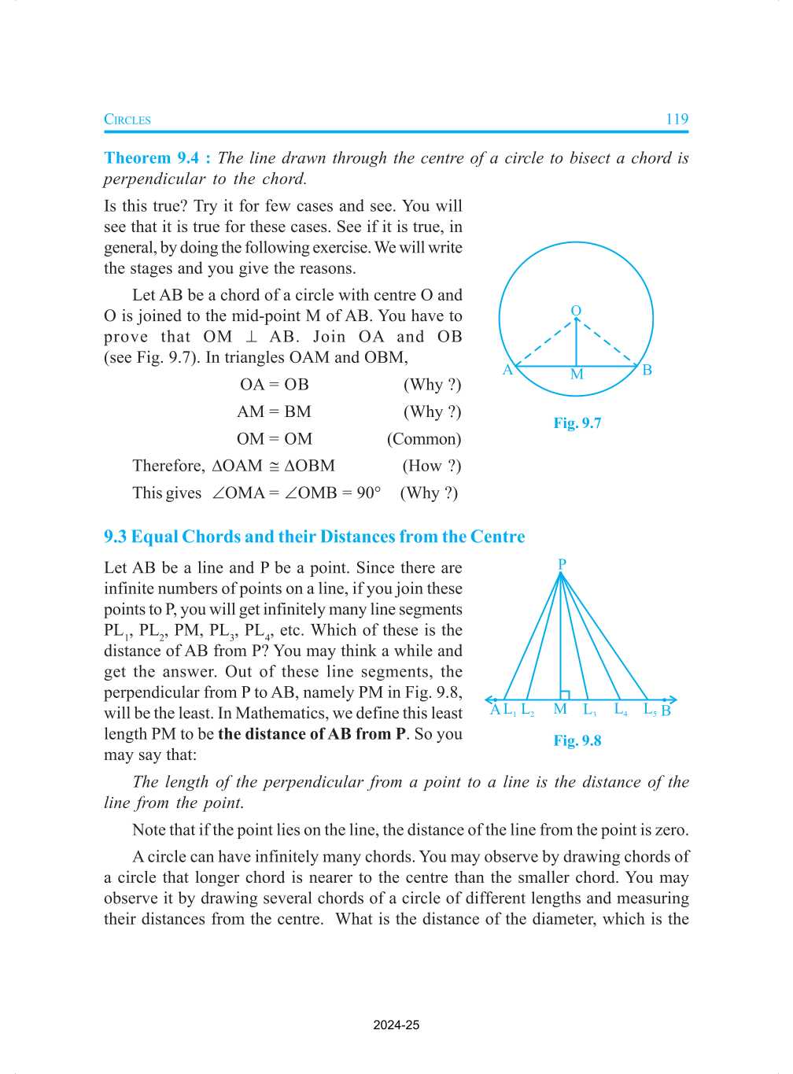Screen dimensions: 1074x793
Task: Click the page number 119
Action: [676, 120]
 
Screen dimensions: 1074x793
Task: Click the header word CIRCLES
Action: [127, 120]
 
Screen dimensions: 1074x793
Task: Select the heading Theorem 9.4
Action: [151, 158]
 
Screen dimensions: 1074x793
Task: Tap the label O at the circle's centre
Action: [576, 311]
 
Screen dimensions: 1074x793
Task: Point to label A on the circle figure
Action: [507, 370]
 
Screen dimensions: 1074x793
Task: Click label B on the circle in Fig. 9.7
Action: [647, 370]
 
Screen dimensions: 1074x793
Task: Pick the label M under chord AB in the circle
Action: [577, 375]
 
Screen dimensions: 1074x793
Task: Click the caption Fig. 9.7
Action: [577, 423]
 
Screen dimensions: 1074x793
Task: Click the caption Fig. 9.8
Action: [577, 740]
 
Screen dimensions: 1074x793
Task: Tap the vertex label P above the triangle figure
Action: [562, 564]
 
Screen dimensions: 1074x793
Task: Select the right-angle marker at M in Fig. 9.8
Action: [564, 696]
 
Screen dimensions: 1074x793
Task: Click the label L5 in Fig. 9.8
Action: [650, 710]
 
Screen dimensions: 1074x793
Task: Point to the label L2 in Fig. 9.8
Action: [528, 710]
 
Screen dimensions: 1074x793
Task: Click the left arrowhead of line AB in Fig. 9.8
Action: [489, 699]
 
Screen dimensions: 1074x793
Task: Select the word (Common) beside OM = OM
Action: [423, 439]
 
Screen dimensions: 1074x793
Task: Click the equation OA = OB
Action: [274, 385]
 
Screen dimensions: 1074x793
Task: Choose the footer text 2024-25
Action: [396, 1025]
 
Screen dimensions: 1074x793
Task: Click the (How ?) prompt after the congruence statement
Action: [431, 466]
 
